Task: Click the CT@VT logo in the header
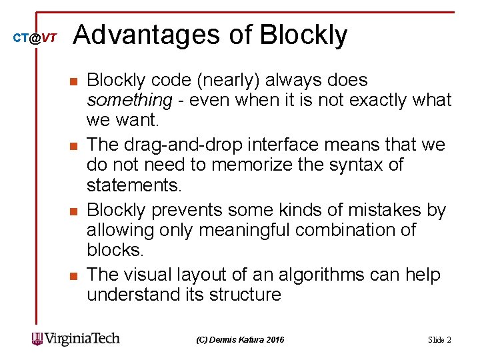(x=35, y=38)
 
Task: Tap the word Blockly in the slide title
(x=303, y=35)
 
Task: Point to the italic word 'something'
(x=129, y=100)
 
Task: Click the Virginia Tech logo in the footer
(x=75, y=338)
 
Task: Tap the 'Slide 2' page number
(x=439, y=340)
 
